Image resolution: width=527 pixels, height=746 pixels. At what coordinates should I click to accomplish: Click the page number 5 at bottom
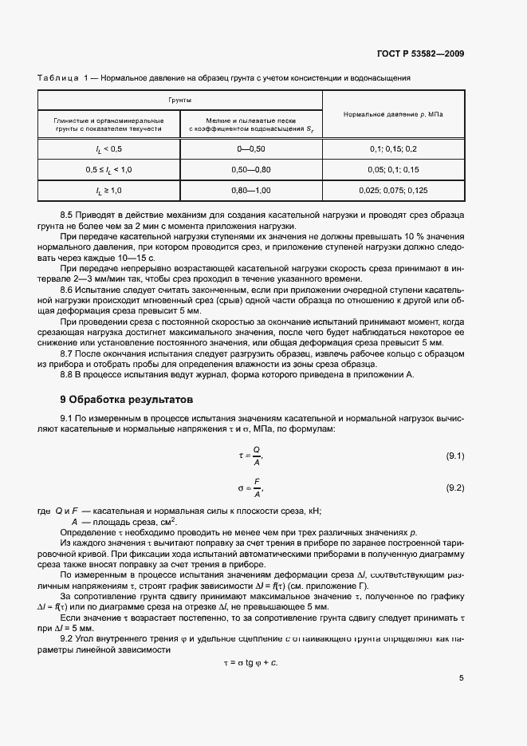(462, 678)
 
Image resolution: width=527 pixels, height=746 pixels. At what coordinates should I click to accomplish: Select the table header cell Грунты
(179, 101)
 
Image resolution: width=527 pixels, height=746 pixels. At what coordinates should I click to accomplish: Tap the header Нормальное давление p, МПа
(393, 114)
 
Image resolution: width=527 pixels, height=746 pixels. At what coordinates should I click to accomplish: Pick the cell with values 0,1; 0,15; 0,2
(393, 149)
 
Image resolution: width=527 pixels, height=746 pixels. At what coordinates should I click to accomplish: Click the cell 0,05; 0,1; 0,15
(393, 170)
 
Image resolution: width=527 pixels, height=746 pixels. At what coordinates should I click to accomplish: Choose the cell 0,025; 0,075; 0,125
(393, 191)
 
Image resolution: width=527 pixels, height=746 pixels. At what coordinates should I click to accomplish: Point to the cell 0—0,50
(251, 149)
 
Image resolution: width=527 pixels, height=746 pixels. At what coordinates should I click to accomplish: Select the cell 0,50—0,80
(251, 170)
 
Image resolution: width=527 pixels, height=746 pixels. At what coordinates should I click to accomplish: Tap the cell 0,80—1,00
(251, 191)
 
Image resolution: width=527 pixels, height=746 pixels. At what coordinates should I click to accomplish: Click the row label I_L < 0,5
(109, 149)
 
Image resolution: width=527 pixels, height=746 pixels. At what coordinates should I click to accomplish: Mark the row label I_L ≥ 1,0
(109, 191)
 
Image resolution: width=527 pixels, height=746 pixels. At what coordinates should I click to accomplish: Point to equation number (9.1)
(454, 456)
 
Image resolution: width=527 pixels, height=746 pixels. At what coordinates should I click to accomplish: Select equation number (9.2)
(454, 487)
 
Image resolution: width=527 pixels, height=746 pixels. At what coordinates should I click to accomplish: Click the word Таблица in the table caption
(57, 78)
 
